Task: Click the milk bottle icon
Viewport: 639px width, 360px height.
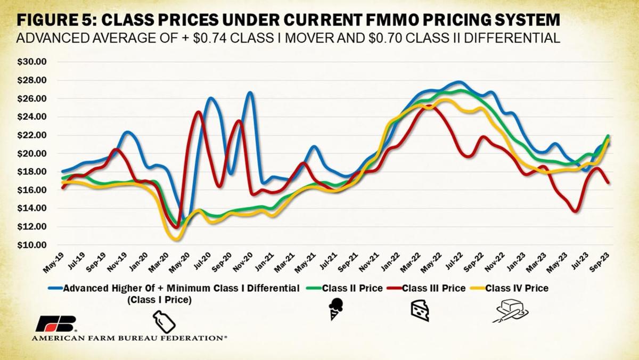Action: pyautogui.click(x=162, y=323)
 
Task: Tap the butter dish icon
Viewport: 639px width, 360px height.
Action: pyautogui.click(x=510, y=313)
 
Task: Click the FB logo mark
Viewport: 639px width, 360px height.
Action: pyautogui.click(x=56, y=323)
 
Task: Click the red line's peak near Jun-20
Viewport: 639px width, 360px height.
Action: pyautogui.click(x=198, y=112)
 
